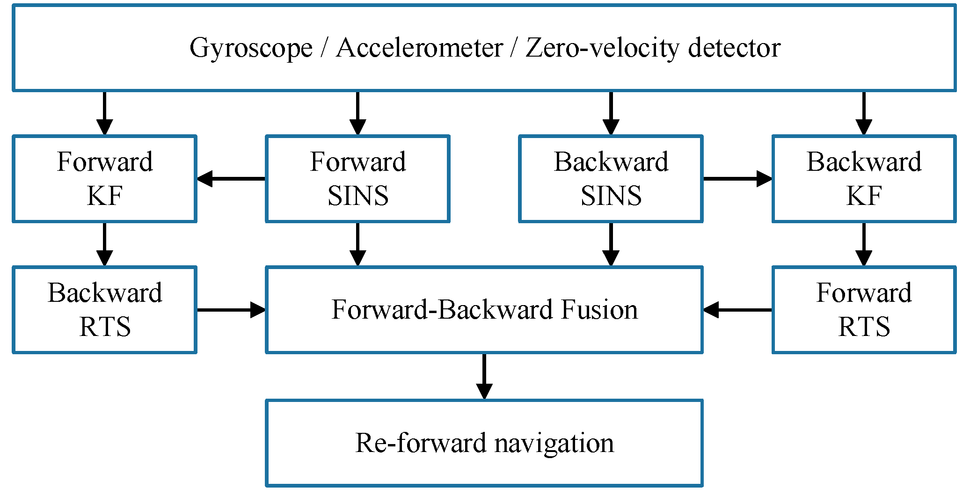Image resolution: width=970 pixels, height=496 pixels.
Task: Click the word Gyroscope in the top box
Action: pos(251,49)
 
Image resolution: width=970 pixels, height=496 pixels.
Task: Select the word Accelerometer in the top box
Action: pos(419,48)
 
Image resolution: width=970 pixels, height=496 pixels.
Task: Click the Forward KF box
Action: pos(104,179)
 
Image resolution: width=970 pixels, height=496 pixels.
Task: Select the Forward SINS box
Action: pos(357,179)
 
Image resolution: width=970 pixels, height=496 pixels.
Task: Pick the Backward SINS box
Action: pos(611,179)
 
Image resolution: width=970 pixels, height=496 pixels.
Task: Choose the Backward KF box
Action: pos(864,179)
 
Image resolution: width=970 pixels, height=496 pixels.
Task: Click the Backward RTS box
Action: pos(104,310)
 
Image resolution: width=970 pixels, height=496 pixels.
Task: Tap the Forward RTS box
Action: pos(864,310)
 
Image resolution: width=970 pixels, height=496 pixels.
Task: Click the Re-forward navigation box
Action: pos(484,443)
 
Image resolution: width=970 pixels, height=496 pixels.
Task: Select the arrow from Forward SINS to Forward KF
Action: pos(231,179)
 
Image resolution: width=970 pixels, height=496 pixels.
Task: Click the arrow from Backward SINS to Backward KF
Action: pos(737,179)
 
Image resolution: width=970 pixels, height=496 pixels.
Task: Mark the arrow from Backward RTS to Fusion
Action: pos(231,310)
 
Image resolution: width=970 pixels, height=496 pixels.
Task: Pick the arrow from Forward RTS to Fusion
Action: pos(737,310)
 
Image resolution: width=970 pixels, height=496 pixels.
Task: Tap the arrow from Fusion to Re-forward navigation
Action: pos(484,376)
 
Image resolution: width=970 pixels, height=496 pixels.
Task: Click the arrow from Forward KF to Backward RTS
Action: pos(104,244)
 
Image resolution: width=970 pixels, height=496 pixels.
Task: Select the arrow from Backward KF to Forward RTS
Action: pos(864,244)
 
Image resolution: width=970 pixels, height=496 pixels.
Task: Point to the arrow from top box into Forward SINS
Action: pos(357,113)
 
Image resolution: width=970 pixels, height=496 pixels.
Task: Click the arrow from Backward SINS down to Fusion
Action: pos(611,244)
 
